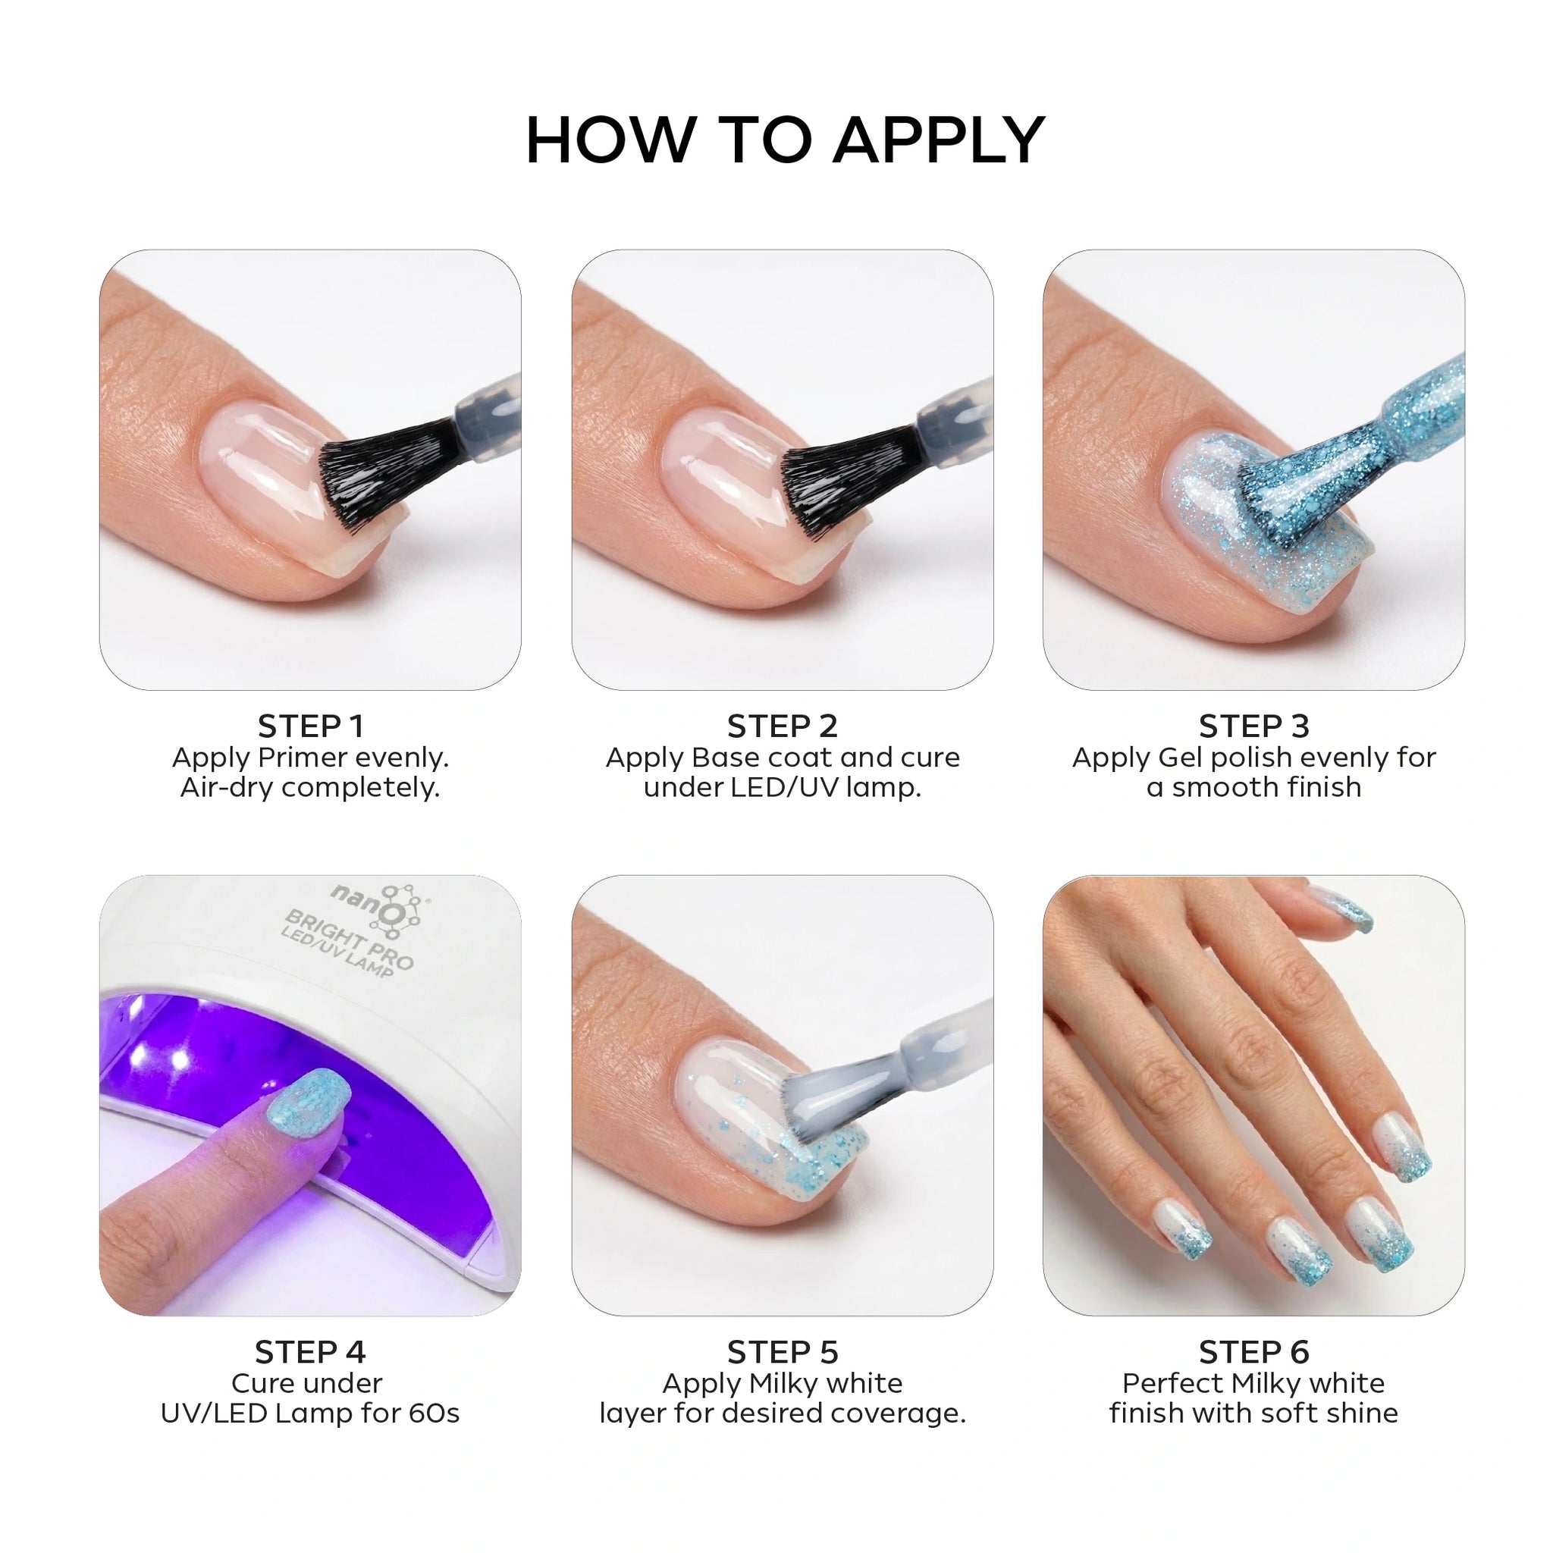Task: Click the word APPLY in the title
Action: tap(939, 141)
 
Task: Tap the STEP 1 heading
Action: tap(310, 726)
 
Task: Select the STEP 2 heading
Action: tap(782, 726)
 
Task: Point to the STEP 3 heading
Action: tap(1254, 726)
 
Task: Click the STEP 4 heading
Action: tap(310, 1353)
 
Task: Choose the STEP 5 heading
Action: tap(782, 1353)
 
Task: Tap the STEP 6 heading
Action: tap(1254, 1353)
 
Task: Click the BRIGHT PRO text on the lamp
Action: tap(350, 939)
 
